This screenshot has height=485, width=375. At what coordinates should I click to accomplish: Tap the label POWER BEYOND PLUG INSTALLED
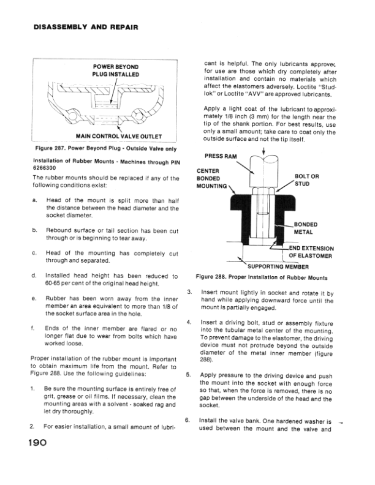pyautogui.click(x=116, y=70)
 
